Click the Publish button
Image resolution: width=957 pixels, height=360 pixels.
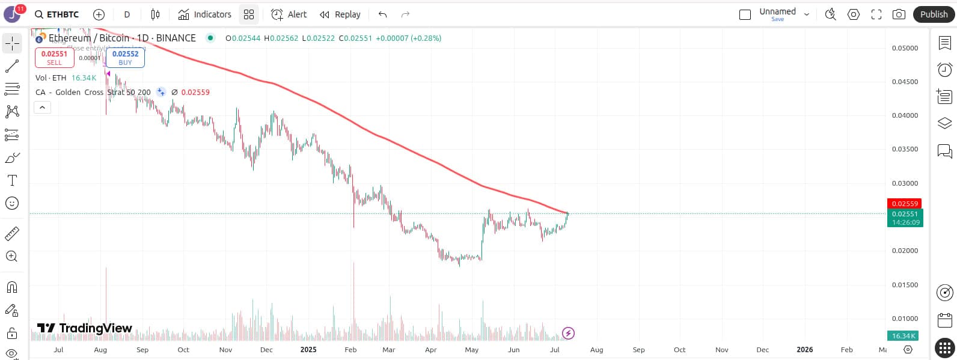click(934, 14)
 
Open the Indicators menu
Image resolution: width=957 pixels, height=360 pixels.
click(205, 14)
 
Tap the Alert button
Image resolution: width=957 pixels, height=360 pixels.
click(289, 14)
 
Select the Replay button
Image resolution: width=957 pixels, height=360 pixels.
click(340, 14)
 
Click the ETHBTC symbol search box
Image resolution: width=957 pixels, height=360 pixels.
click(57, 14)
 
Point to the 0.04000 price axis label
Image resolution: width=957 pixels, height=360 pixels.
click(905, 115)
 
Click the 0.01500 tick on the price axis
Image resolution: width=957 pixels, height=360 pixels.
click(905, 285)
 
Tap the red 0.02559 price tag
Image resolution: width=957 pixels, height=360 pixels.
click(905, 204)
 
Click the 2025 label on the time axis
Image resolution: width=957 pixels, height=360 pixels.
click(308, 350)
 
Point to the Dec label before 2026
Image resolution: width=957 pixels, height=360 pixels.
click(762, 350)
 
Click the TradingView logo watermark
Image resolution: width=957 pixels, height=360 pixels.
click(85, 328)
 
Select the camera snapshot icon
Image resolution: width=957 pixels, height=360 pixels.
click(899, 14)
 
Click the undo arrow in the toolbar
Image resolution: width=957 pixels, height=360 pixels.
click(382, 14)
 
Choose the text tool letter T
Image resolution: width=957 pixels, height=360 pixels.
click(12, 180)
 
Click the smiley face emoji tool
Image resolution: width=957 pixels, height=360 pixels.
click(12, 203)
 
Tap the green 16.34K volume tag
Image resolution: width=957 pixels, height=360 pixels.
click(903, 336)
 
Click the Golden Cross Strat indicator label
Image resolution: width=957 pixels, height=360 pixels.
click(93, 93)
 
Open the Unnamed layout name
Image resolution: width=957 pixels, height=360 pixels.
click(777, 12)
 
